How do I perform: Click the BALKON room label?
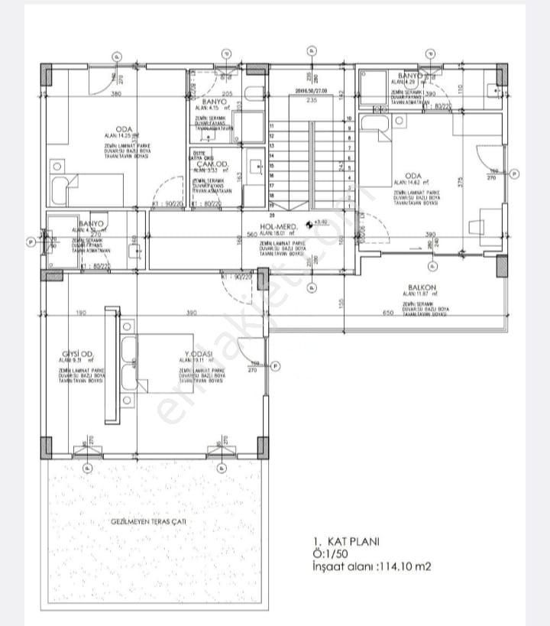point(422,290)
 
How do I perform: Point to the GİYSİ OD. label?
point(78,352)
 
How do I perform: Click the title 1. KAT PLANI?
point(345,541)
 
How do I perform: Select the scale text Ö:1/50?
point(330,553)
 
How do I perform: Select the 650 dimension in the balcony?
point(387,313)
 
